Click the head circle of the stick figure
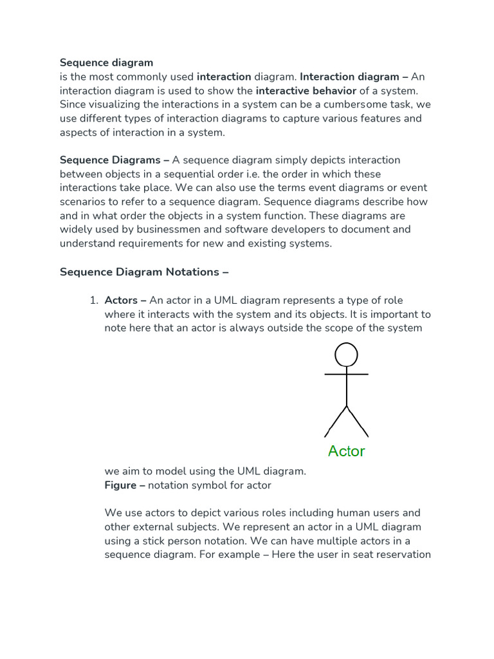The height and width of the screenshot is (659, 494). (347, 355)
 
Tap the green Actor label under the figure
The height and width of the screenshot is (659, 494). (346, 451)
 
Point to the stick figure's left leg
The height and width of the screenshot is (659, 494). (336, 422)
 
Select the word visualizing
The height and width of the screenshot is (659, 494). (116, 104)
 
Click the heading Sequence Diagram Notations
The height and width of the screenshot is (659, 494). (144, 272)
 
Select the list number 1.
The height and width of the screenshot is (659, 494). (93, 300)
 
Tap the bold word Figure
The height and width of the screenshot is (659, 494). (121, 485)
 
